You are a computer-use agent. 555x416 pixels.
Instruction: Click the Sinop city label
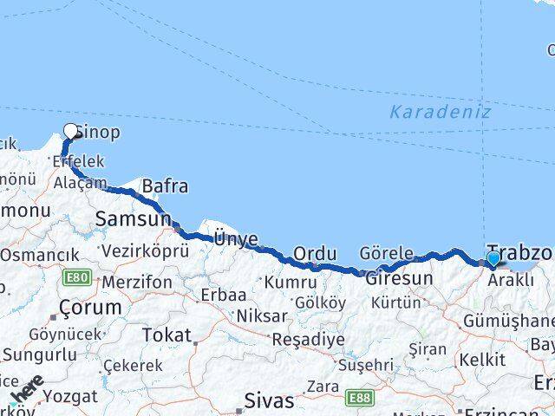click(97, 133)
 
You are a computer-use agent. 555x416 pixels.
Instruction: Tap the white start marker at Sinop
click(71, 132)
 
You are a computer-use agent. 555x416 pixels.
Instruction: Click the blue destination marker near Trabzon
click(493, 258)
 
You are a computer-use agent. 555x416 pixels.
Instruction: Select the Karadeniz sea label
click(440, 112)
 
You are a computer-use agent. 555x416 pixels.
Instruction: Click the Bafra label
click(165, 186)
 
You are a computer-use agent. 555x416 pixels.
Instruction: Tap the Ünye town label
click(236, 237)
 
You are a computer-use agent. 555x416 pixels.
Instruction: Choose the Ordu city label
click(315, 253)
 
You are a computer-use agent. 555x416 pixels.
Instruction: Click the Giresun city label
click(399, 279)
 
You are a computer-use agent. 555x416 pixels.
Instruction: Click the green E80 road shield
click(75, 277)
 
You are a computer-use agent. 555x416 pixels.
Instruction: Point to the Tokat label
click(166, 335)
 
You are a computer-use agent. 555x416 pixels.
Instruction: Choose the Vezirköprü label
click(145, 251)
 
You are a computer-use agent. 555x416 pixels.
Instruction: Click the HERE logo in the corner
click(28, 391)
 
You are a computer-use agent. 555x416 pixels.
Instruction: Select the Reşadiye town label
click(308, 339)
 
